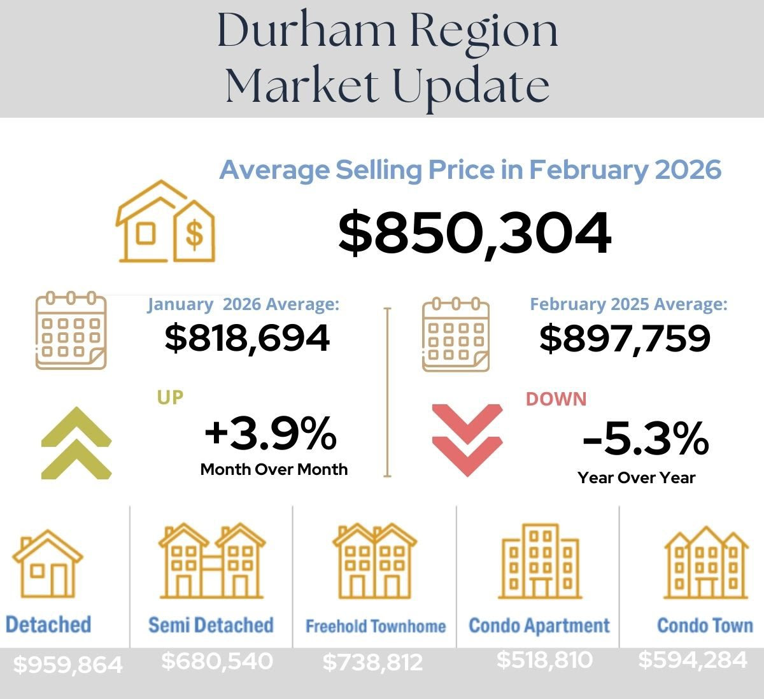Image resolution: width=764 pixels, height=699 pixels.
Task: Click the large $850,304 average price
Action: (474, 234)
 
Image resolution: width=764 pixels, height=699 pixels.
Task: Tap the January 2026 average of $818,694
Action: (247, 337)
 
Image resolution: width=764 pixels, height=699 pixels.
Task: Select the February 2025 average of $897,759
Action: (625, 337)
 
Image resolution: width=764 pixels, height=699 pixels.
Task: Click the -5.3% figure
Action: (645, 439)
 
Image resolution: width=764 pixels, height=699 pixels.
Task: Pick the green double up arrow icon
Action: (76, 442)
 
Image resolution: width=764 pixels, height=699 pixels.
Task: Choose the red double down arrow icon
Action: (467, 439)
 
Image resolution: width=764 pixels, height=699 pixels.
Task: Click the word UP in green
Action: (170, 397)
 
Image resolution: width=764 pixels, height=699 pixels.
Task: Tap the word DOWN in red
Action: (556, 399)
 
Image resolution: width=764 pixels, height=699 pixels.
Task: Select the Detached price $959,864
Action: (67, 665)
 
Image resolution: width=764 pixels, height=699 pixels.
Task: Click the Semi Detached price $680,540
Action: (217, 661)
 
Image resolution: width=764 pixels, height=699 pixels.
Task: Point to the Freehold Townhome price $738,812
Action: (372, 663)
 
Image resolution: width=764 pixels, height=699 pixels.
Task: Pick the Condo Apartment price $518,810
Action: (544, 660)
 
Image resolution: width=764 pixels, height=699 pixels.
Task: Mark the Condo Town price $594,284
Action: (693, 660)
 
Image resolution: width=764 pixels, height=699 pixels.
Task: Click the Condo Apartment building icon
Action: (540, 562)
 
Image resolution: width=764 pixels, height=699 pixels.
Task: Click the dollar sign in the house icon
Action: (195, 234)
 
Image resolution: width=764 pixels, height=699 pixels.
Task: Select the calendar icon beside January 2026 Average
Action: (71, 330)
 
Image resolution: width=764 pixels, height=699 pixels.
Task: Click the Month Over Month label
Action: (274, 469)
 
